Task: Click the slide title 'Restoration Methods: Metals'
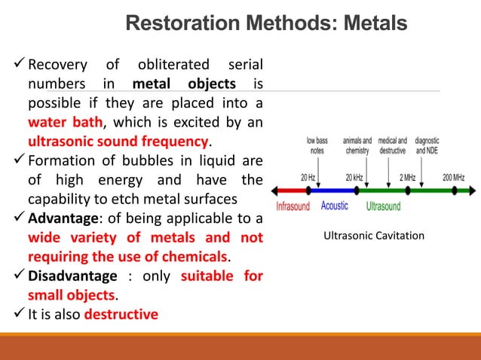click(x=265, y=24)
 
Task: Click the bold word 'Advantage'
click(x=65, y=219)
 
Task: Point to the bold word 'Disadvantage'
click(x=72, y=276)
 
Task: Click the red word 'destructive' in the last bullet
click(x=121, y=314)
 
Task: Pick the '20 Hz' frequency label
click(x=308, y=178)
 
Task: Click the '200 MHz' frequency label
click(x=454, y=178)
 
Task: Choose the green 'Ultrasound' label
click(x=383, y=206)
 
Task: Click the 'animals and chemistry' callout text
click(x=357, y=145)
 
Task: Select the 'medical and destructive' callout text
click(x=393, y=145)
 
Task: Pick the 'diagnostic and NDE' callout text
click(x=427, y=145)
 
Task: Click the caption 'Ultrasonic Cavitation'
click(x=374, y=236)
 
